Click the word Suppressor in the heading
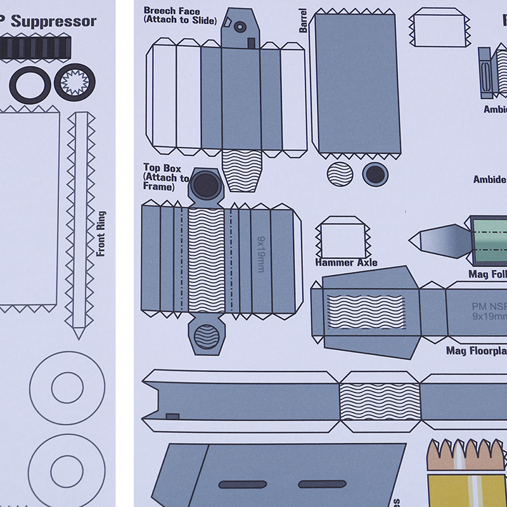tap(54, 21)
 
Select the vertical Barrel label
tap(303, 20)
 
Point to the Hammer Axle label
tap(346, 262)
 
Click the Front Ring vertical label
tap(101, 234)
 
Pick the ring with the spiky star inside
tap(75, 82)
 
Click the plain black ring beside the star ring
tap(30, 83)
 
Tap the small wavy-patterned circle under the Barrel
tap(340, 173)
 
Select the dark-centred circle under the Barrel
tap(375, 173)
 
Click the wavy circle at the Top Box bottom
tap(207, 336)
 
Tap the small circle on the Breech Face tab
tap(240, 27)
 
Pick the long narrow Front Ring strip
tap(80, 222)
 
